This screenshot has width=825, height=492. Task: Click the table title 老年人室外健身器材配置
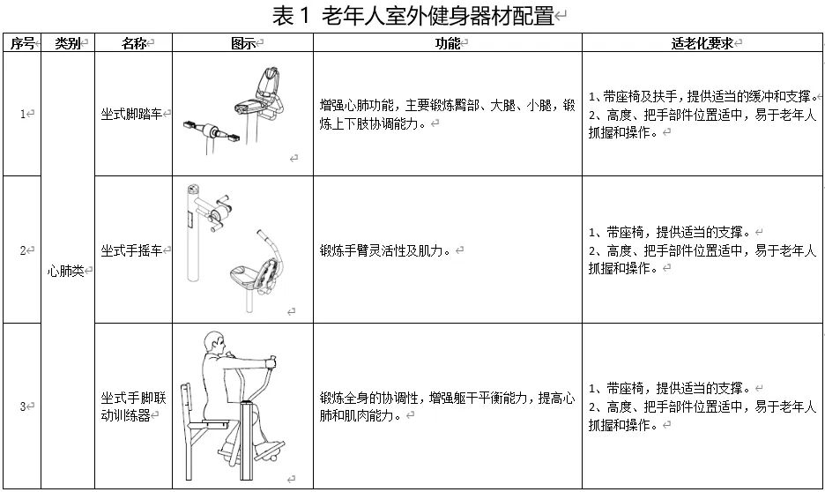click(x=412, y=16)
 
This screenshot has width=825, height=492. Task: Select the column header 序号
click(x=22, y=43)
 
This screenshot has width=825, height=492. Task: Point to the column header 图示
click(x=242, y=43)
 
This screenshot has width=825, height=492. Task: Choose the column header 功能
click(x=448, y=43)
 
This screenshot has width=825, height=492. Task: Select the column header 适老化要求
click(x=702, y=43)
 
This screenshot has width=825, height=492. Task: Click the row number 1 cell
click(x=24, y=114)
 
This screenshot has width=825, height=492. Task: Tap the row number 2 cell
click(x=24, y=250)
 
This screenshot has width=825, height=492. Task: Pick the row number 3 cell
click(x=24, y=406)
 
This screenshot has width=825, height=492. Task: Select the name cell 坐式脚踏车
click(x=132, y=114)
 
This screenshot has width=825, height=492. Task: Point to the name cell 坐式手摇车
click(x=132, y=250)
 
